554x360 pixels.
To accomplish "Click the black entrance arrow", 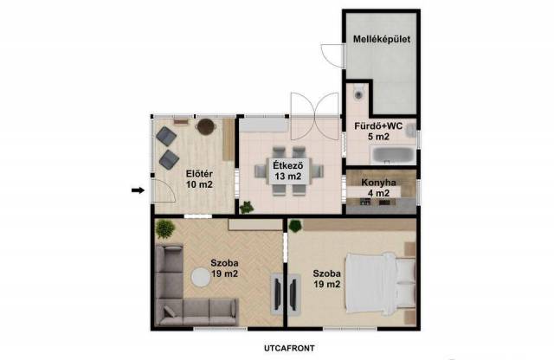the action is pos(138,190).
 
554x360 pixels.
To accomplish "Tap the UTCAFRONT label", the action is pos(289,349).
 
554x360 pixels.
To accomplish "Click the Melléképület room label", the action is pos(382,39).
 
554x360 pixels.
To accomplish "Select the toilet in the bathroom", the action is pos(358,93).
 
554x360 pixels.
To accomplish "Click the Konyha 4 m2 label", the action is pos(378,188).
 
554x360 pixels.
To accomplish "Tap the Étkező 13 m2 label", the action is pos(288,170).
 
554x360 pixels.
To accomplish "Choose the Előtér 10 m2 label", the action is pos(199,179).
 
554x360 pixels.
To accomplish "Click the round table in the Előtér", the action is pos(206,126).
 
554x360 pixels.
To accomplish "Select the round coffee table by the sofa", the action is pos(201,277).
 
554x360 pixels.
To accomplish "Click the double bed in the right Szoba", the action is pos(381,283).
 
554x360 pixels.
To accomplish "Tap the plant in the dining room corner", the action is pos(247,207).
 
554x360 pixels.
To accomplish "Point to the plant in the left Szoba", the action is pos(165,228).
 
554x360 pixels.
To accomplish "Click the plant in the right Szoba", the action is pos(295,226).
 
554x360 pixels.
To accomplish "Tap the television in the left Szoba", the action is pos(278,293).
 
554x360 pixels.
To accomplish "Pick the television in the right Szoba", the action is pos(293,293).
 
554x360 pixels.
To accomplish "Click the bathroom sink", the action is pos(410,130).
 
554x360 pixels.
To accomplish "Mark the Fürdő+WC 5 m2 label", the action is pos(378,131).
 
